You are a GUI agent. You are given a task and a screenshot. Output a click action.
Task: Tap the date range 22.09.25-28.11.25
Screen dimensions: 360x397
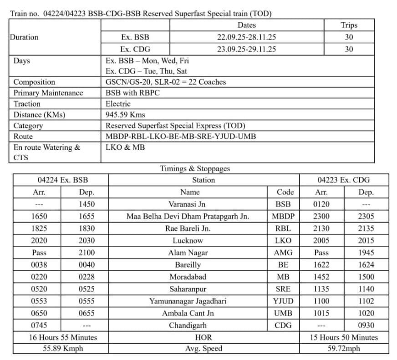[246, 37]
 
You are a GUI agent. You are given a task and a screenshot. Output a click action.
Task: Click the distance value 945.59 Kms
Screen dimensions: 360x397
[125, 115]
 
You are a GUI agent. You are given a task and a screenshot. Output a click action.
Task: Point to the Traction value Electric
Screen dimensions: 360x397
[118, 104]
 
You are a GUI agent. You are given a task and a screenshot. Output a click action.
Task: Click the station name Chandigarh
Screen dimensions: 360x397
[188, 325]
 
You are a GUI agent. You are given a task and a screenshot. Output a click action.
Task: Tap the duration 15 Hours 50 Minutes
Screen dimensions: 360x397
[344, 337]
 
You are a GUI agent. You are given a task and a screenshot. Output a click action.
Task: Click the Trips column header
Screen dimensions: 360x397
[349, 25]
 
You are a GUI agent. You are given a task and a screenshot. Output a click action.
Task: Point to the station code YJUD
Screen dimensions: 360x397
[283, 301]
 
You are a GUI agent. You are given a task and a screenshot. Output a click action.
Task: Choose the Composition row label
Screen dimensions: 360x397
[34, 82]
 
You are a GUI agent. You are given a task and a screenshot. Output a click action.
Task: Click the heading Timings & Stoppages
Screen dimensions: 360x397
[195, 168]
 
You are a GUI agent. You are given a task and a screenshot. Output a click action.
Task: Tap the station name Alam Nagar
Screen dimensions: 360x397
[188, 253]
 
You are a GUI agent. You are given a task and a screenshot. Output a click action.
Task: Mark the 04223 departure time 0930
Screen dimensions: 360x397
[366, 325]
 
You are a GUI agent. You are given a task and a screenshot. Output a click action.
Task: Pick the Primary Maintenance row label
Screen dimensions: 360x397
[48, 93]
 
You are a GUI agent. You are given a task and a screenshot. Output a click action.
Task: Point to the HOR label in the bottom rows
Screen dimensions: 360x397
[203, 337]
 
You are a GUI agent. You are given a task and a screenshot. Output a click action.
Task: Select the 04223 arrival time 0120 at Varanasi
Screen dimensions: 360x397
[321, 204]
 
